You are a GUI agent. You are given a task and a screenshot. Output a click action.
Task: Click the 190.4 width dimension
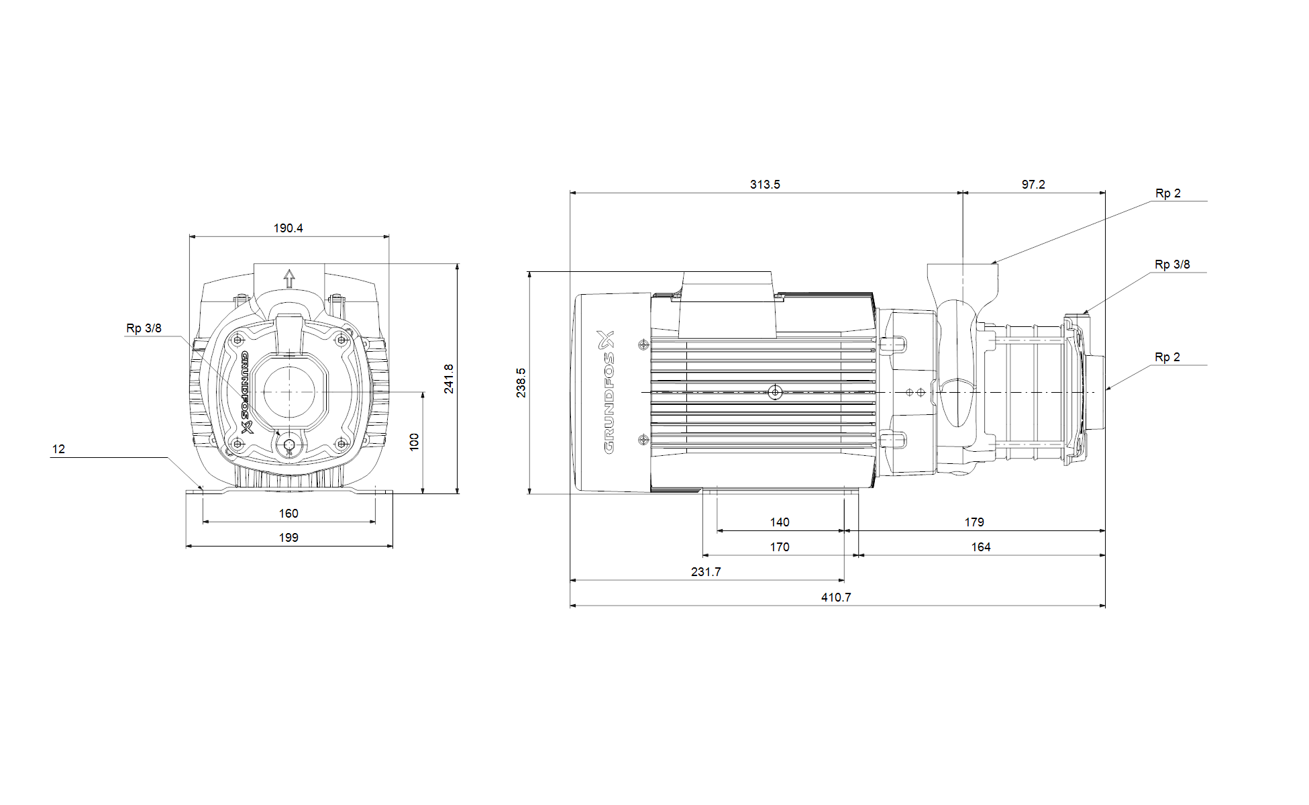click(288, 228)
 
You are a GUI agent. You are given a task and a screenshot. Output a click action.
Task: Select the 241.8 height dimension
click(449, 379)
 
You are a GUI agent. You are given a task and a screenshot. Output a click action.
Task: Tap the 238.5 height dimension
click(521, 383)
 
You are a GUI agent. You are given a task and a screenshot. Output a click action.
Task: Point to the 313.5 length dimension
click(765, 185)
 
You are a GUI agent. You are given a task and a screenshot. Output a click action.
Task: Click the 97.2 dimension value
click(1033, 185)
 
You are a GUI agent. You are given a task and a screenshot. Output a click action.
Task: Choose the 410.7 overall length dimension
click(836, 598)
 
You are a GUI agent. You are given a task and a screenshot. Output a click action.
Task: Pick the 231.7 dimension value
click(706, 572)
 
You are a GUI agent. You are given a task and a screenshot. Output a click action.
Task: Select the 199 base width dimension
click(289, 538)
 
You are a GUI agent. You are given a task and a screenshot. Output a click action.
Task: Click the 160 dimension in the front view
click(289, 514)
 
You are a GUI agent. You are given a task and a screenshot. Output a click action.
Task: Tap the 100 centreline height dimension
click(414, 441)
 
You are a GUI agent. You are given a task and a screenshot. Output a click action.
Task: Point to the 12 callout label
click(58, 449)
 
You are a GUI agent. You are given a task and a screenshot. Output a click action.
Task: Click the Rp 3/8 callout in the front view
click(144, 328)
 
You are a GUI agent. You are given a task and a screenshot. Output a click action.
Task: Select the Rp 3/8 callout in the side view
click(1172, 265)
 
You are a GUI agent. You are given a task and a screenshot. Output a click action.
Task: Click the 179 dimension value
click(974, 522)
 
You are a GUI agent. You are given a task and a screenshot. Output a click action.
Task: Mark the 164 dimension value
click(981, 547)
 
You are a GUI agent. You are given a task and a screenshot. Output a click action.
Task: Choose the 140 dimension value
click(780, 522)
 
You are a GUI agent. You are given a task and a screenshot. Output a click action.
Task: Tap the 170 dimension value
click(780, 547)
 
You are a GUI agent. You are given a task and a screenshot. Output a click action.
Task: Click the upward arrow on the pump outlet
click(289, 278)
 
